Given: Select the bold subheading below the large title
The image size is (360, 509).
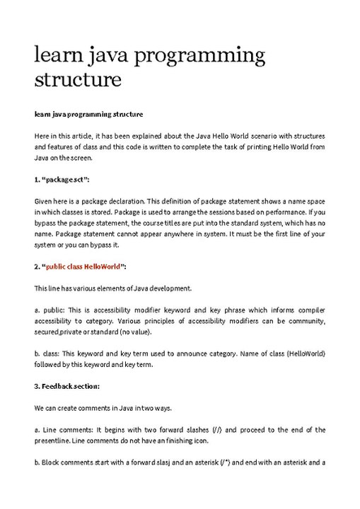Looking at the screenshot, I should point(88,114).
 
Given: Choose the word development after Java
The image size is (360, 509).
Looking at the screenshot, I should point(171,288).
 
